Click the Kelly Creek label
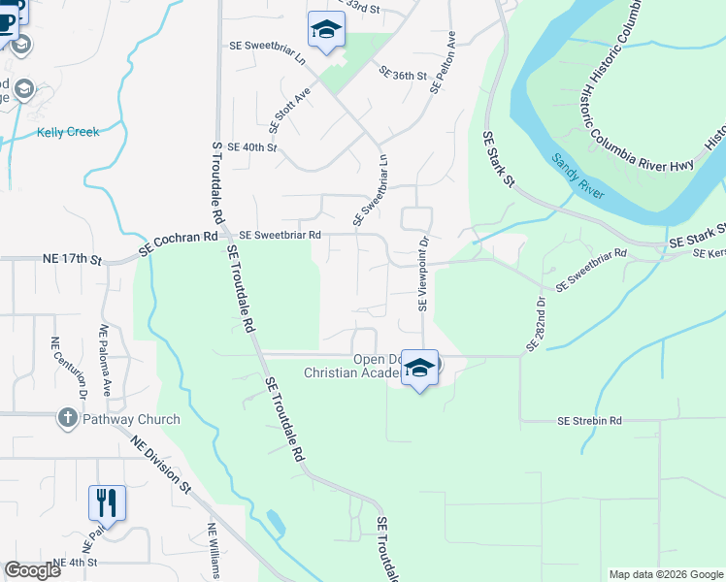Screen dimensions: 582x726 point(68,132)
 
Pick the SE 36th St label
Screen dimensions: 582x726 point(404,75)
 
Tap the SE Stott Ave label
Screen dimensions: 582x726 point(288,111)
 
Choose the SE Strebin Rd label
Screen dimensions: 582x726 point(589,421)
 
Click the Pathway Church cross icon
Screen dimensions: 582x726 point(67,419)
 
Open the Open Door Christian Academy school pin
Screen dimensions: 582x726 point(419,368)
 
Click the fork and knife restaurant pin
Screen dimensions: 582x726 point(107,502)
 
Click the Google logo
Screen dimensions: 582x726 point(32,570)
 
